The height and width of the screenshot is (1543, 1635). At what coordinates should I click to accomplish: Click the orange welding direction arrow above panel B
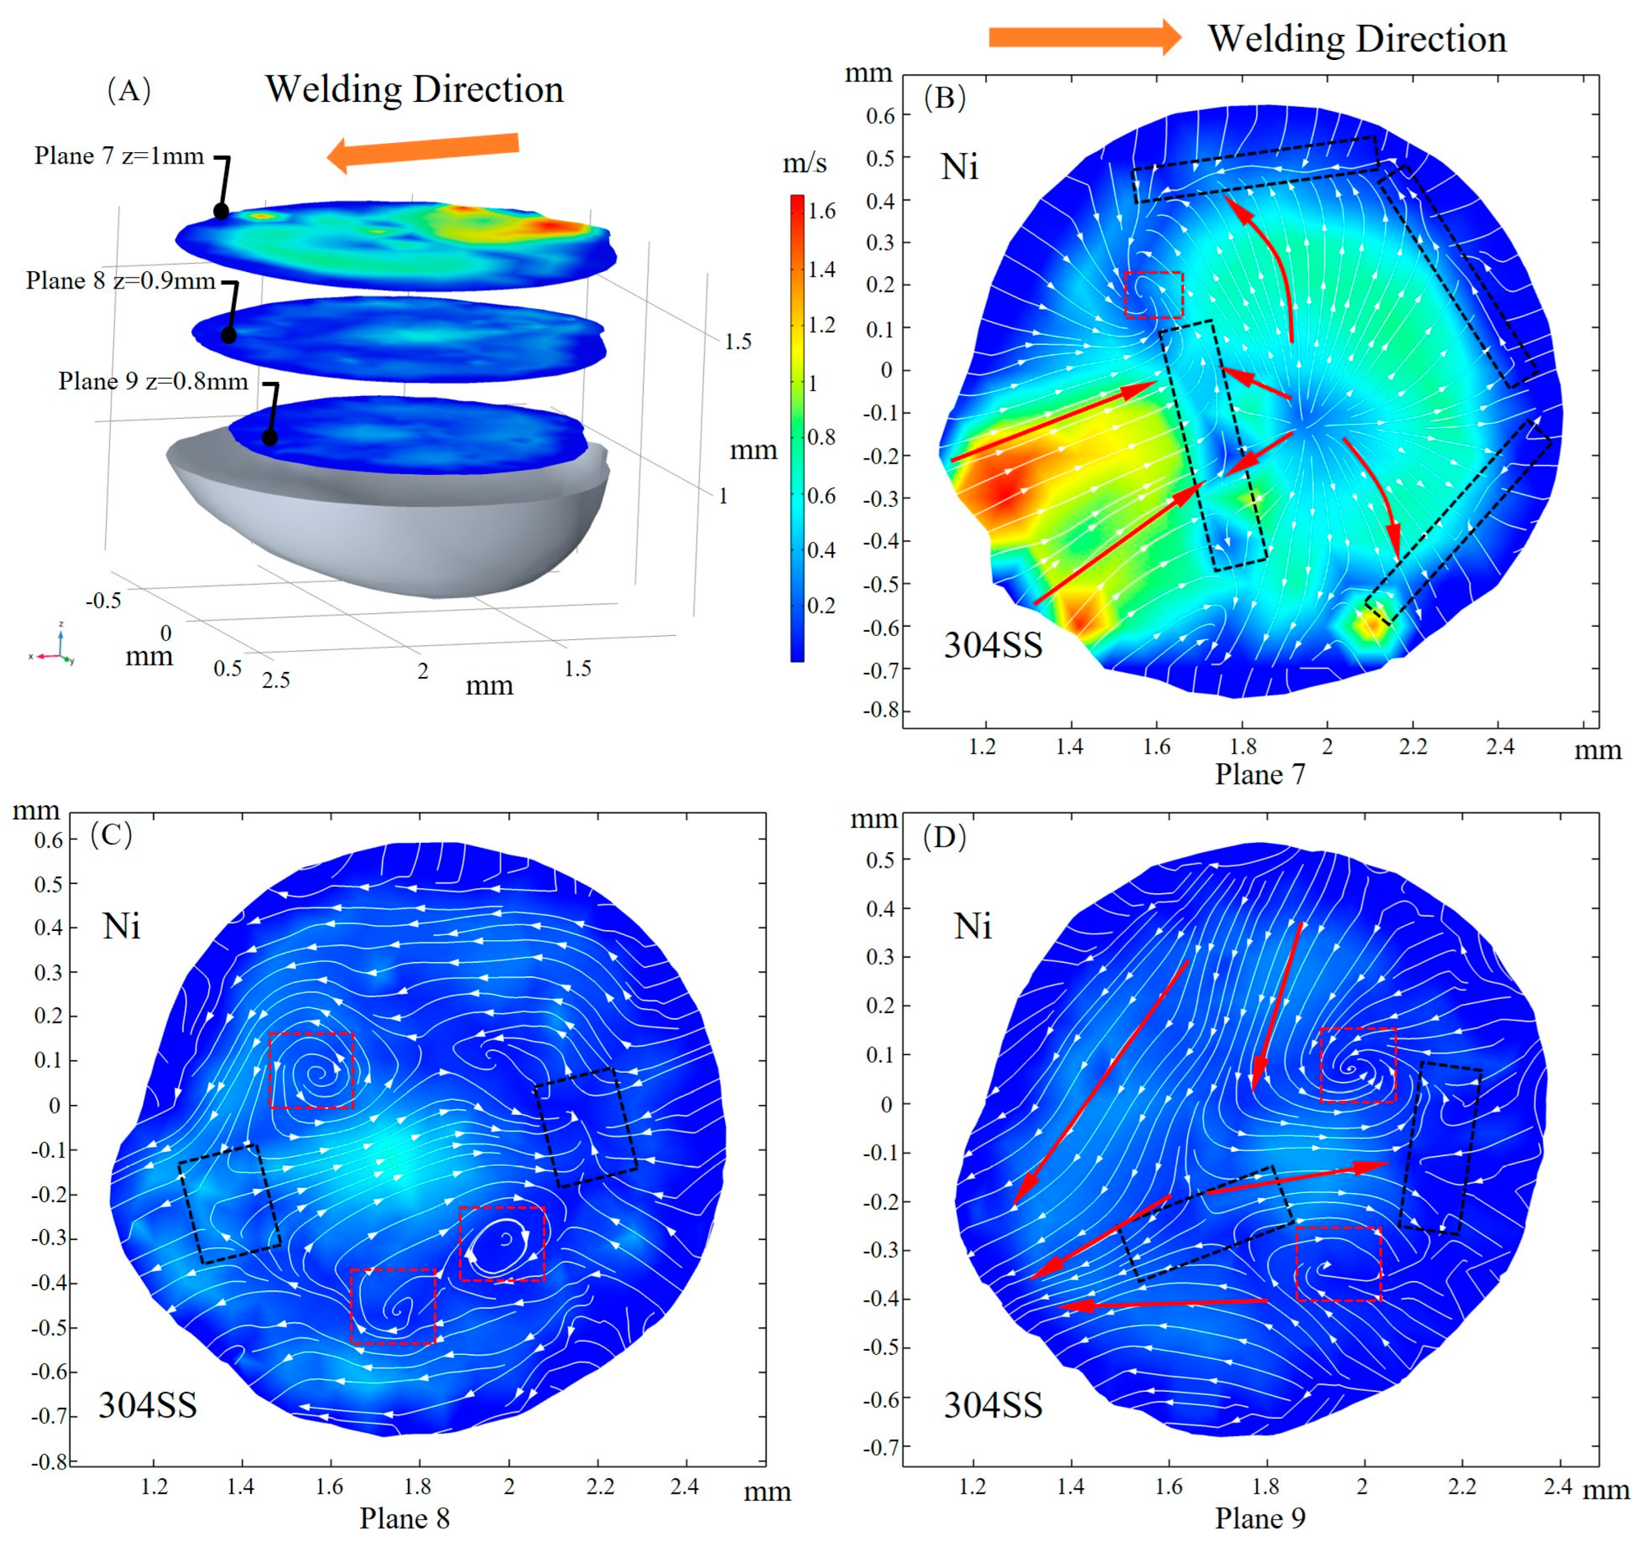tap(1084, 37)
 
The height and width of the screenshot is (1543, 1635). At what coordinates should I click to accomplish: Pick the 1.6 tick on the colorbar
tap(821, 211)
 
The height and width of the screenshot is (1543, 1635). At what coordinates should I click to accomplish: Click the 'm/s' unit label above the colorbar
tap(804, 163)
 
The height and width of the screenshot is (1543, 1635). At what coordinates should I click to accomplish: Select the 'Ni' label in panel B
tap(960, 167)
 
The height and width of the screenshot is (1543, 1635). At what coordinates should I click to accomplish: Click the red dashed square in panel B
tap(1154, 295)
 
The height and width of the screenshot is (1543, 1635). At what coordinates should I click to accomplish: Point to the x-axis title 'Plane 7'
tap(1260, 774)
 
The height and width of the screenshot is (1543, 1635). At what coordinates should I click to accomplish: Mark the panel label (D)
tap(944, 837)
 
